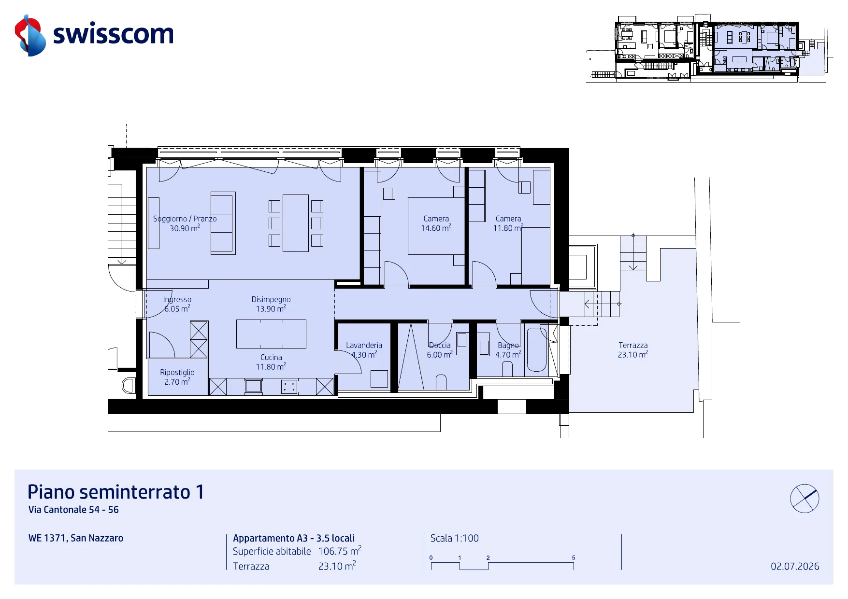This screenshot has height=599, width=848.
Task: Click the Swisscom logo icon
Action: coord(30,35)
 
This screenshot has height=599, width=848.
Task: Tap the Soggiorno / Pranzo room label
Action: coord(185,223)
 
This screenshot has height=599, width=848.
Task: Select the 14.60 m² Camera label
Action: coord(436,223)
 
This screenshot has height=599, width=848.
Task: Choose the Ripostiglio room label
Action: coord(177,377)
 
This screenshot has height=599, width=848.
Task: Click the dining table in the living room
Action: coord(296,223)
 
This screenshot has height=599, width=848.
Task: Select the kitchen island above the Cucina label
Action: coord(271,334)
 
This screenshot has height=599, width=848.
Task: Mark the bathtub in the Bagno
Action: coord(536,350)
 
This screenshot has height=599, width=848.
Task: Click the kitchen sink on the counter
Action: coord(253,386)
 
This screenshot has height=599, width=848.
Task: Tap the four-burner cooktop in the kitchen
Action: coord(289,386)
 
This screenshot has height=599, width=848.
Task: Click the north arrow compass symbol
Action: coord(805,498)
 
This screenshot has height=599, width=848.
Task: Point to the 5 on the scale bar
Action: coord(574,557)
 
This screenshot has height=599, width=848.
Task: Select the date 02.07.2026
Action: coord(795,566)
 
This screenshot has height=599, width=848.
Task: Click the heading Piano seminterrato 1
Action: coord(116,492)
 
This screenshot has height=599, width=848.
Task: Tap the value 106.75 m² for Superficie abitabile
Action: coord(340,551)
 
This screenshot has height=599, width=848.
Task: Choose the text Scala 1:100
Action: coord(454,538)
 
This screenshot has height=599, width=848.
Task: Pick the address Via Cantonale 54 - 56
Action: coord(73,510)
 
